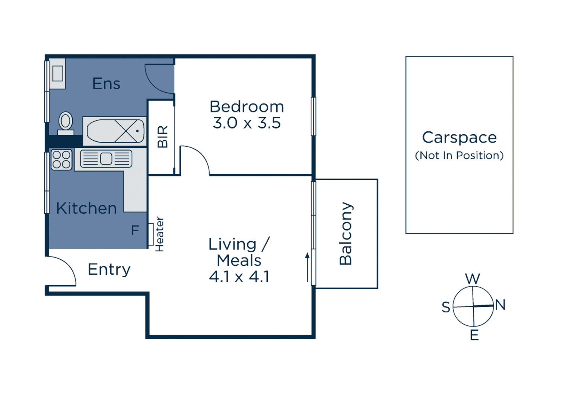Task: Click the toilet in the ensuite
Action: point(66,124)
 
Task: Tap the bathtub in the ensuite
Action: point(115,131)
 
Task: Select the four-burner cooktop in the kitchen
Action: point(61,159)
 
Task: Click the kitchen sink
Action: point(106,159)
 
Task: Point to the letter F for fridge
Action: point(135,230)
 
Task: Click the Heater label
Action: point(160,234)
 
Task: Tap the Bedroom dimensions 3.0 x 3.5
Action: point(247,123)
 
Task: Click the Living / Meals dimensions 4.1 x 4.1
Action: point(239,277)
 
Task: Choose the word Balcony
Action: point(346,233)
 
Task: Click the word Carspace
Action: point(459,137)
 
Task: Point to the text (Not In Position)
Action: point(459,156)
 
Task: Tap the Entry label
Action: point(109,269)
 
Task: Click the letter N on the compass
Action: point(500,304)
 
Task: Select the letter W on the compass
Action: point(473,279)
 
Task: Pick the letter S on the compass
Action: point(446,307)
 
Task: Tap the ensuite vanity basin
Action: point(58,74)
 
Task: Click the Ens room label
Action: point(106,83)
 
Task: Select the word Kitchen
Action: point(86,208)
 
